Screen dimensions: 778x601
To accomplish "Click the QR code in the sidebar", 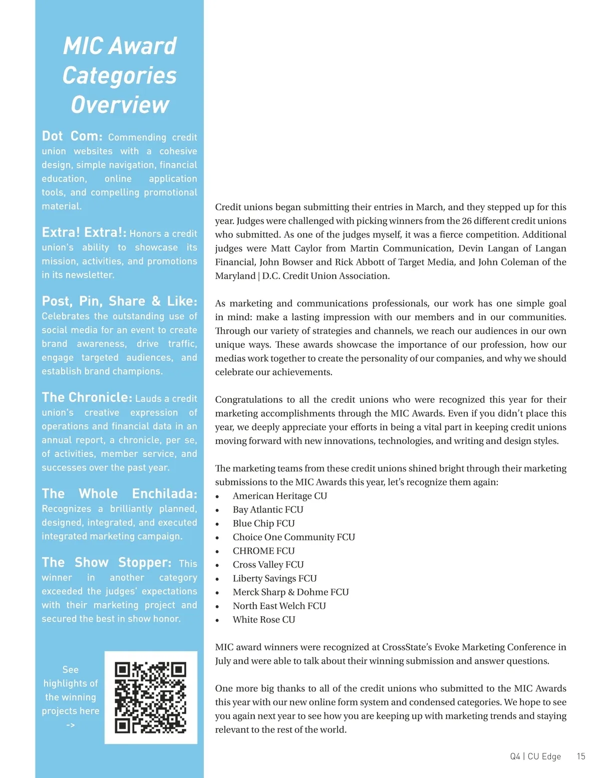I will tap(150, 697).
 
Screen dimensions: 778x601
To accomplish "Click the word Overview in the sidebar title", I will tap(120, 105).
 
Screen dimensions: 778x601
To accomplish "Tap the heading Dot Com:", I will tap(72, 136).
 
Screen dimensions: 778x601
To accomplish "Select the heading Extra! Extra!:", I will tap(84, 232).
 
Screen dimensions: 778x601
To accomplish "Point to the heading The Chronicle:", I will tap(87, 397).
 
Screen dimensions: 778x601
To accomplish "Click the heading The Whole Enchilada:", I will tap(119, 493).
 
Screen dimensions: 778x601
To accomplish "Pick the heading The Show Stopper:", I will tap(107, 563).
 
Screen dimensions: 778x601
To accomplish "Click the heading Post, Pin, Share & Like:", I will tap(119, 301).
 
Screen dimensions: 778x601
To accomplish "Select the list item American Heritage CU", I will tap(279, 496).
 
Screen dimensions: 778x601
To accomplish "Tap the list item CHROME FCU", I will tap(263, 551).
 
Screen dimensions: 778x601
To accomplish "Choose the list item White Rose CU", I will tap(264, 620).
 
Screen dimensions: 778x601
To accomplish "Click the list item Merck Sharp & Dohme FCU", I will tap(290, 592).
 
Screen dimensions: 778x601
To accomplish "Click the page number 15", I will tap(580, 756).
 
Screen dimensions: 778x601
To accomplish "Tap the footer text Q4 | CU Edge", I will tap(535, 756).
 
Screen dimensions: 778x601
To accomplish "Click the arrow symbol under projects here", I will tap(71, 725).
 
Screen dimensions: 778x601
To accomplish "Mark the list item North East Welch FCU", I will tap(279, 606).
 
